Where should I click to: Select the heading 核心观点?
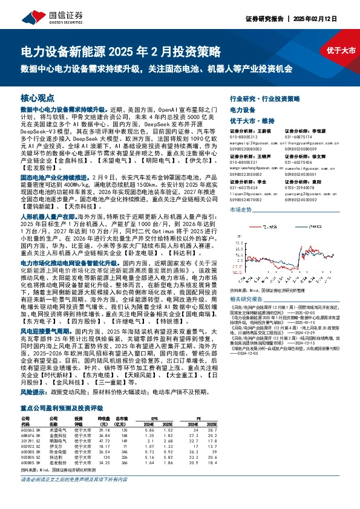[38, 97]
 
